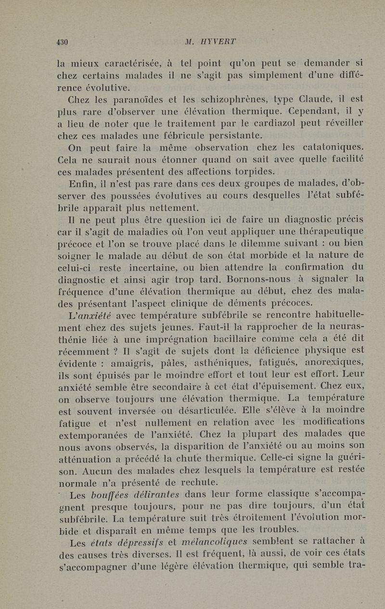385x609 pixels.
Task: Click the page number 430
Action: [62, 42]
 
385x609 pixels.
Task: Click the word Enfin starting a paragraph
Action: [82, 184]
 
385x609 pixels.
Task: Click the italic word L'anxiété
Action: [91, 316]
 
